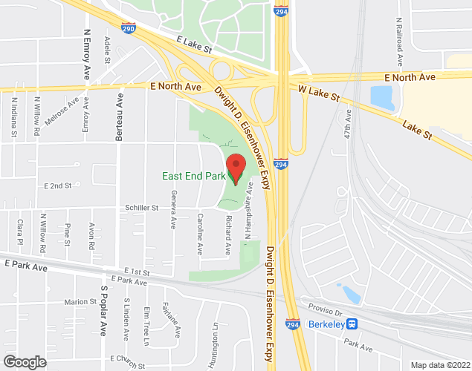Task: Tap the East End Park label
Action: pos(194,176)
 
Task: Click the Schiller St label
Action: pos(143,209)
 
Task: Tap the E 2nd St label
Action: pos(57,185)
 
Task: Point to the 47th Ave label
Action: pos(348,128)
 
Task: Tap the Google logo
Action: pos(24,362)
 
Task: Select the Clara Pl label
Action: pos(22,232)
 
